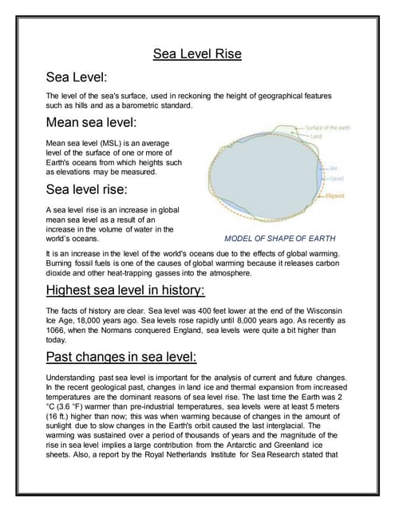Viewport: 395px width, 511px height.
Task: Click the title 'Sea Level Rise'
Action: coord(197,54)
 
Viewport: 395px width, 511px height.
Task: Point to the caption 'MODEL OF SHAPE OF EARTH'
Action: coord(280,238)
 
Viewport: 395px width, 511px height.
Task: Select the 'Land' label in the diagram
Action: coord(318,136)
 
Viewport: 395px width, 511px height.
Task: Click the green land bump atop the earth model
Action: coord(283,129)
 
